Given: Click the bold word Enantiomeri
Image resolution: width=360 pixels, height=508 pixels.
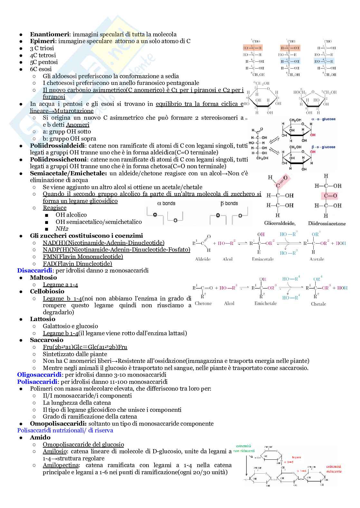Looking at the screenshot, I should [50, 34].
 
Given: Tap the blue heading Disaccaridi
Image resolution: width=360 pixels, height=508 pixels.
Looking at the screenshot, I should [34, 271].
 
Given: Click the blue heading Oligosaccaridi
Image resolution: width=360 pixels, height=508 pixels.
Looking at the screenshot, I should [39, 375].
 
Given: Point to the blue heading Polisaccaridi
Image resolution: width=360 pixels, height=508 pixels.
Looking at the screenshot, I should [37, 382].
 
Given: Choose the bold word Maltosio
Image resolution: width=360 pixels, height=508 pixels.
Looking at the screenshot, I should [43, 278].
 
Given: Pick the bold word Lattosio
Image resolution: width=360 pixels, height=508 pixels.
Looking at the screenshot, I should [43, 319].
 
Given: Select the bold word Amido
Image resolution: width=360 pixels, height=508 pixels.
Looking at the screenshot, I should [40, 438].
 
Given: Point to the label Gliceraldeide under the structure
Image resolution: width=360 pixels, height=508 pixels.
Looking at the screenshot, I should [279, 223].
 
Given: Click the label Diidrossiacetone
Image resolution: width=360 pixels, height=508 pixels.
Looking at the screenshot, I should [327, 223].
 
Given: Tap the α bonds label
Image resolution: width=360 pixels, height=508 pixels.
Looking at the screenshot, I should [166, 203].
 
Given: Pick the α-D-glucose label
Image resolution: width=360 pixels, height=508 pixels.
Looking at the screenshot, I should [323, 119].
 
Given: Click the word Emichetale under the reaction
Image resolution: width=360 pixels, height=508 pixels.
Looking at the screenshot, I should [265, 303].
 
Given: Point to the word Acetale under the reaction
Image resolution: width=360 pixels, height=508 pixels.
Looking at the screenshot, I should [317, 259].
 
